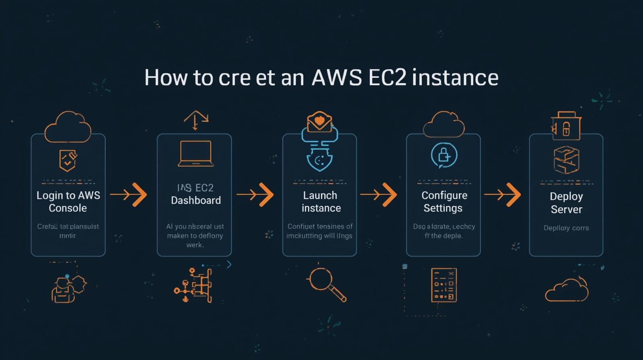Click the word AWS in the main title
click(336, 78)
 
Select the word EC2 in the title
click(387, 78)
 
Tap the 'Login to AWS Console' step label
click(68, 202)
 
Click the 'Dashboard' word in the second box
click(196, 200)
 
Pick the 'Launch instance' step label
click(321, 202)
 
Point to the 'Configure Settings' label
click(444, 202)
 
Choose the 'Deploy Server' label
click(566, 203)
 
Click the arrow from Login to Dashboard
click(129, 195)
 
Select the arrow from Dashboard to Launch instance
click(255, 195)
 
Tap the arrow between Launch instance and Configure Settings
click(379, 195)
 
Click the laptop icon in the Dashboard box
click(195, 154)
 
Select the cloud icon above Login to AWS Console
click(68, 127)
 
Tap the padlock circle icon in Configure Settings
click(444, 155)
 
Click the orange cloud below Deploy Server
click(567, 290)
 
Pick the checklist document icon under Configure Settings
click(444, 285)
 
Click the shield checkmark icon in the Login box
click(68, 160)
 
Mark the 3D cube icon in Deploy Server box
click(566, 160)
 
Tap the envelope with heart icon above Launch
click(319, 122)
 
